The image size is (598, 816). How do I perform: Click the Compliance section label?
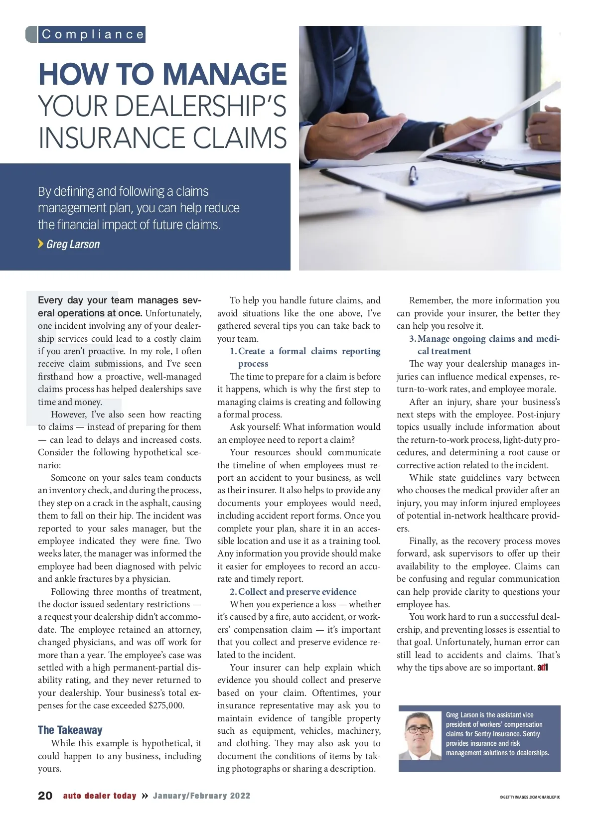(x=93, y=34)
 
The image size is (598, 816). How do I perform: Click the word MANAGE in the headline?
(x=225, y=74)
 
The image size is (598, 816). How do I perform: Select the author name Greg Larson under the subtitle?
(x=73, y=244)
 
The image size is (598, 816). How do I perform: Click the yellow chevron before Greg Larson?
(x=41, y=244)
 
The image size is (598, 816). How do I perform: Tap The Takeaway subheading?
(x=70, y=730)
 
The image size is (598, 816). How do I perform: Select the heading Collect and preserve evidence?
(x=297, y=592)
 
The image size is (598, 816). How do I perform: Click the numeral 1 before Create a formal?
(x=233, y=351)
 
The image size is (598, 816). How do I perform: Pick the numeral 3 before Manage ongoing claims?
(x=412, y=339)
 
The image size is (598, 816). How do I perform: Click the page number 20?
(x=45, y=796)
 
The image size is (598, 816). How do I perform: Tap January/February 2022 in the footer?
(x=201, y=796)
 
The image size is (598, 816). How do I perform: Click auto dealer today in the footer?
(x=100, y=796)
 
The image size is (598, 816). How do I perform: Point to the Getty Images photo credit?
(x=529, y=797)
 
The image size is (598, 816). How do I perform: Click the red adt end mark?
(x=543, y=668)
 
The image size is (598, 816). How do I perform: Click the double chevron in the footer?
(x=145, y=796)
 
